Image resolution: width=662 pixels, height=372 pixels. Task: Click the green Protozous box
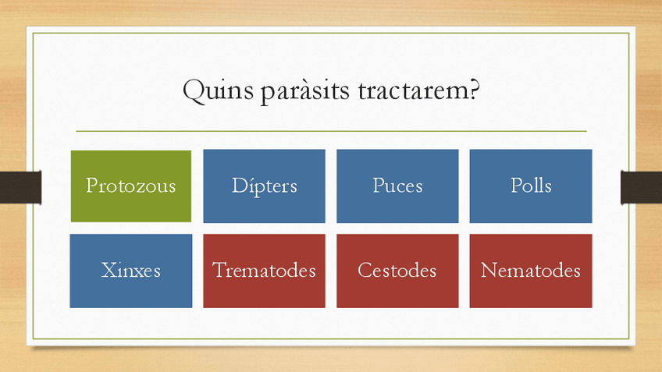131,186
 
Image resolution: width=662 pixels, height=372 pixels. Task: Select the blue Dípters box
265,186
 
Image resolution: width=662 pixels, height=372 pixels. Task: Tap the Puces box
397,186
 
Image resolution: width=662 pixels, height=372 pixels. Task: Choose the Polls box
531,186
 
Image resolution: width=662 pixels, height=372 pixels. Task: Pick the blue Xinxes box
131,271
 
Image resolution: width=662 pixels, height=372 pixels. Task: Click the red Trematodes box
265,271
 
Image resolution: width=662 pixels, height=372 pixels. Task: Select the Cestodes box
397,271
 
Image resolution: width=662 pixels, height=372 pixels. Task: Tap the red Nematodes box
531,271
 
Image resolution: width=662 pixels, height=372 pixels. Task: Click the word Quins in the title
218,90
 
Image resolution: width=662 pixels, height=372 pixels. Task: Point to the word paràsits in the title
304,91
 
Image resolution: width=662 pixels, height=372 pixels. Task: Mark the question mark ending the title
474,90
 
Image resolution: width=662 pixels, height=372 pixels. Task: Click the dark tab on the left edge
20,187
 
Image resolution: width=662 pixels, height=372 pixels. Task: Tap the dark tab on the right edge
642,187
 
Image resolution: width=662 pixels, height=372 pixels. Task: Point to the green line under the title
332,131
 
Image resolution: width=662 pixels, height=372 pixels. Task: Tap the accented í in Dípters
251,185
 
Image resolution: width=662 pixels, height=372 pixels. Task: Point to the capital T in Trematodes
219,270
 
